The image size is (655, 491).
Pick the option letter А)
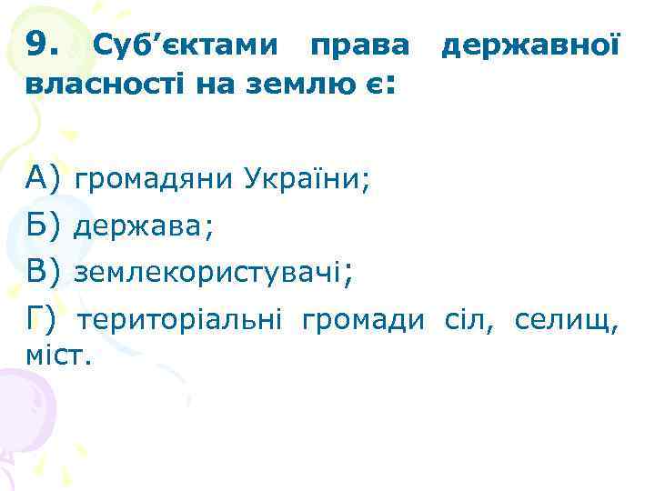[x=44, y=175]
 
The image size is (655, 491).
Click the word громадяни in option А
[x=155, y=176]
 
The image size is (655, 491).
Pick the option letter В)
[x=44, y=270]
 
